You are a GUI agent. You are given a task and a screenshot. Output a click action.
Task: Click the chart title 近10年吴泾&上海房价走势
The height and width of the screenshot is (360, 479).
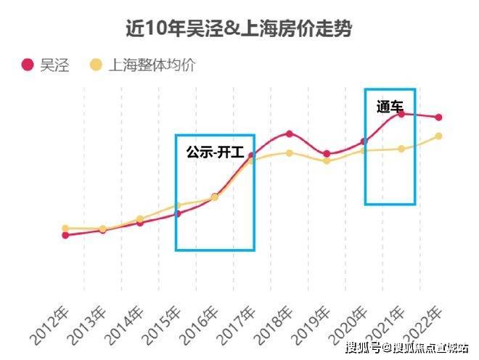(x=239, y=29)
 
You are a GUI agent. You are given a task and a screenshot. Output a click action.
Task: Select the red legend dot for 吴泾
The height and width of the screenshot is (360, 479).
(x=28, y=65)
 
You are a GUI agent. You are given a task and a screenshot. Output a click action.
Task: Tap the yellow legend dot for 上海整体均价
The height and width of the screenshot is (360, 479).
(x=96, y=65)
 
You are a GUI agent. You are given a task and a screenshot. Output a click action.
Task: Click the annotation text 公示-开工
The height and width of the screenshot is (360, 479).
(x=215, y=152)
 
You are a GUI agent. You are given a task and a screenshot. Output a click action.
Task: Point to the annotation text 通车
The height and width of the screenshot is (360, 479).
(x=390, y=107)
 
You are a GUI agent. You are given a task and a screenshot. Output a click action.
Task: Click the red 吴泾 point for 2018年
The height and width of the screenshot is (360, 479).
(x=289, y=134)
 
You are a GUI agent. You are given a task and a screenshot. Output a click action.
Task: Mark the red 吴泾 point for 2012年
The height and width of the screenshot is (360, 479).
(x=65, y=235)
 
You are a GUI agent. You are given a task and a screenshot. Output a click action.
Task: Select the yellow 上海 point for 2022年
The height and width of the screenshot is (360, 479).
(x=438, y=136)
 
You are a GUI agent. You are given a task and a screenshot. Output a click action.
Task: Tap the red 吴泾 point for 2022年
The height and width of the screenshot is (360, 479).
(x=438, y=118)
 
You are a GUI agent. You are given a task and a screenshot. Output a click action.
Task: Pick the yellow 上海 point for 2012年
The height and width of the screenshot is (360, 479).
(x=65, y=228)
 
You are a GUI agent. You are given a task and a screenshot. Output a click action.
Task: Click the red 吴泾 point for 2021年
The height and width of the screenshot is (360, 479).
(x=401, y=114)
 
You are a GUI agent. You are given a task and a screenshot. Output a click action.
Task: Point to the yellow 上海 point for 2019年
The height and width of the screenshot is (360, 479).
(x=327, y=161)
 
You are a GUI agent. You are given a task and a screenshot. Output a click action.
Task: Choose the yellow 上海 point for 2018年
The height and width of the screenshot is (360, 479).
(x=289, y=153)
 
